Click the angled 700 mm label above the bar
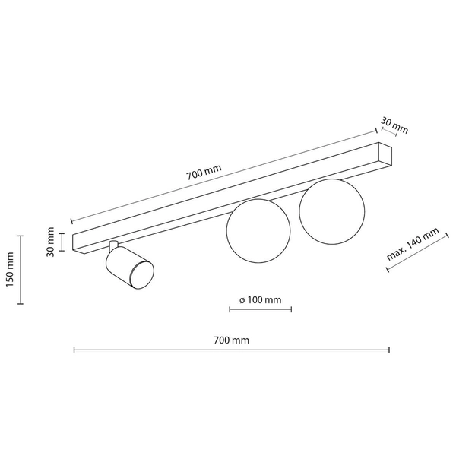[x=204, y=173]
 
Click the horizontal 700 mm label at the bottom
[x=232, y=340]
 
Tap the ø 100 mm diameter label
[x=261, y=300]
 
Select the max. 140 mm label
[x=413, y=244]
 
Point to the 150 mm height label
[x=10, y=269]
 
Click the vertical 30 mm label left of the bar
[x=50, y=242]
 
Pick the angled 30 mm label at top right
[x=394, y=125]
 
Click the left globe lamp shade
[x=258, y=231]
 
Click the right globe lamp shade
[x=332, y=211]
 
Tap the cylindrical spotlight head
[x=130, y=268]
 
